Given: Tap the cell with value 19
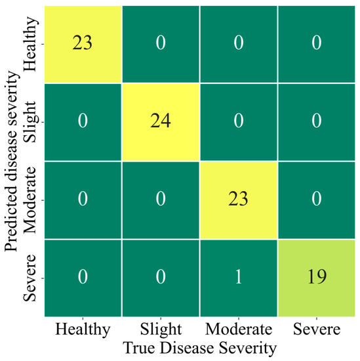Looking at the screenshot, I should (316, 278).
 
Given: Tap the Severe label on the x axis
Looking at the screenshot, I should (316, 328).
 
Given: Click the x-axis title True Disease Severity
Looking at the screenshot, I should (199, 346).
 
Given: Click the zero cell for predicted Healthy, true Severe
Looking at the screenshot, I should (316, 43).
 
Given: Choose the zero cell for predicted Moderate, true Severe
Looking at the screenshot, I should (316, 200).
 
